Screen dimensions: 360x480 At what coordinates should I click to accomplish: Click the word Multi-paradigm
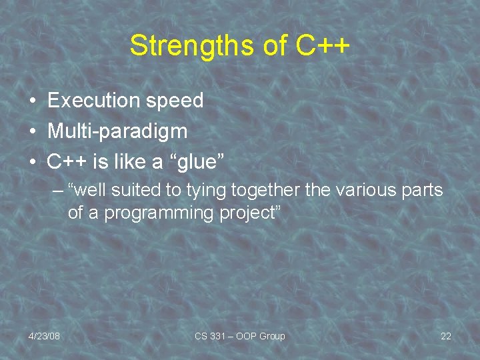click(117, 131)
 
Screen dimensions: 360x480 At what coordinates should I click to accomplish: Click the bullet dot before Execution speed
click(31, 101)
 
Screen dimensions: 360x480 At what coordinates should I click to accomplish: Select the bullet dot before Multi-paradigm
click(31, 131)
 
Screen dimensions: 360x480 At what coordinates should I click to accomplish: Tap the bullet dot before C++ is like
click(31, 161)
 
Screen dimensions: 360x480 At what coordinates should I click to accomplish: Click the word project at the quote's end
click(253, 213)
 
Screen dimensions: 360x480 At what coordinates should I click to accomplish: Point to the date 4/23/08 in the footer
click(44, 336)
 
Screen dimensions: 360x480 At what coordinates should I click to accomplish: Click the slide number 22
click(446, 336)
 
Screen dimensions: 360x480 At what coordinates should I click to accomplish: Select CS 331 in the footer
click(209, 336)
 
